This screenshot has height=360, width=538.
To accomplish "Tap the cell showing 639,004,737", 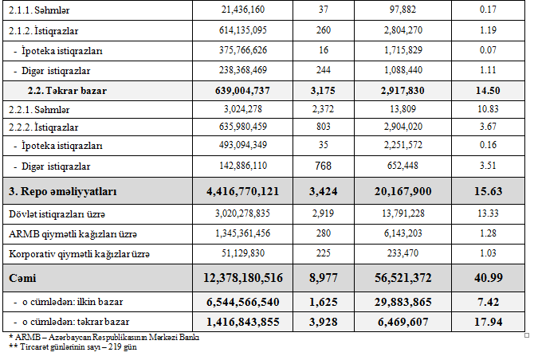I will [x=241, y=91].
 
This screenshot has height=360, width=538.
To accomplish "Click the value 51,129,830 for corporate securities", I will [x=247, y=253].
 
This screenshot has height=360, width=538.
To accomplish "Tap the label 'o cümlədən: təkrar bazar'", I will [x=76, y=322].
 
